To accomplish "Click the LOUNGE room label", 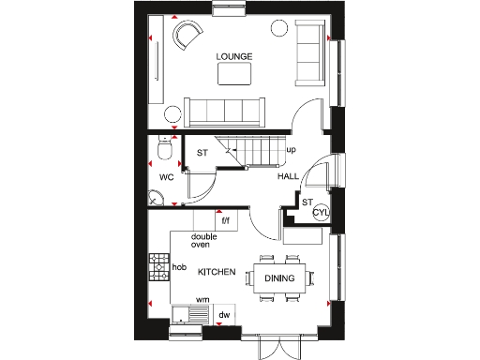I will (x=234, y=57).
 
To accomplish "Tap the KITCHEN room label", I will (x=217, y=271).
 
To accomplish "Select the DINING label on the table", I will (x=279, y=278).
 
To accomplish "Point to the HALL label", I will (x=287, y=176).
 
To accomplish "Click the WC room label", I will (x=166, y=176).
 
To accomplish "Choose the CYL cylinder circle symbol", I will (x=321, y=212).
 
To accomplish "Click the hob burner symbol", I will (x=157, y=267).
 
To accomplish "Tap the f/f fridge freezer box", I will (x=225, y=221).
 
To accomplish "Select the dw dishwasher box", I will (x=225, y=315).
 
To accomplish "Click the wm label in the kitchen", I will (x=202, y=300).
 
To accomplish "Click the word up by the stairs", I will (x=291, y=150).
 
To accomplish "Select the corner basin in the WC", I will (x=156, y=198).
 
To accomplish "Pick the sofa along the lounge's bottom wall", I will (x=222, y=112).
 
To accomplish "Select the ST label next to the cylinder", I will (x=306, y=202).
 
